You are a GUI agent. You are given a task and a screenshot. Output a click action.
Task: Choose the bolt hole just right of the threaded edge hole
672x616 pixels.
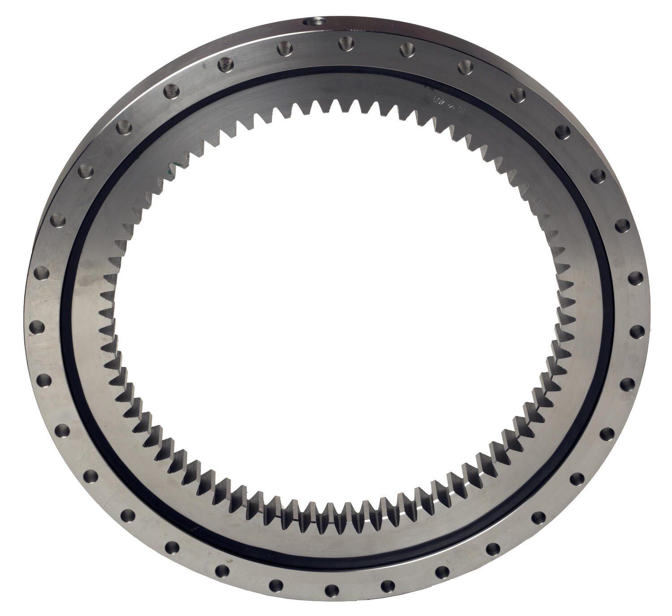point(345,43)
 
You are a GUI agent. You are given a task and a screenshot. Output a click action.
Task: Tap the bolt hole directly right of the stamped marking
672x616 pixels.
point(518,94)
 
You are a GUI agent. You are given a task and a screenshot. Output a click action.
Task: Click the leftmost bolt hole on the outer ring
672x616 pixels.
point(34,326)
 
